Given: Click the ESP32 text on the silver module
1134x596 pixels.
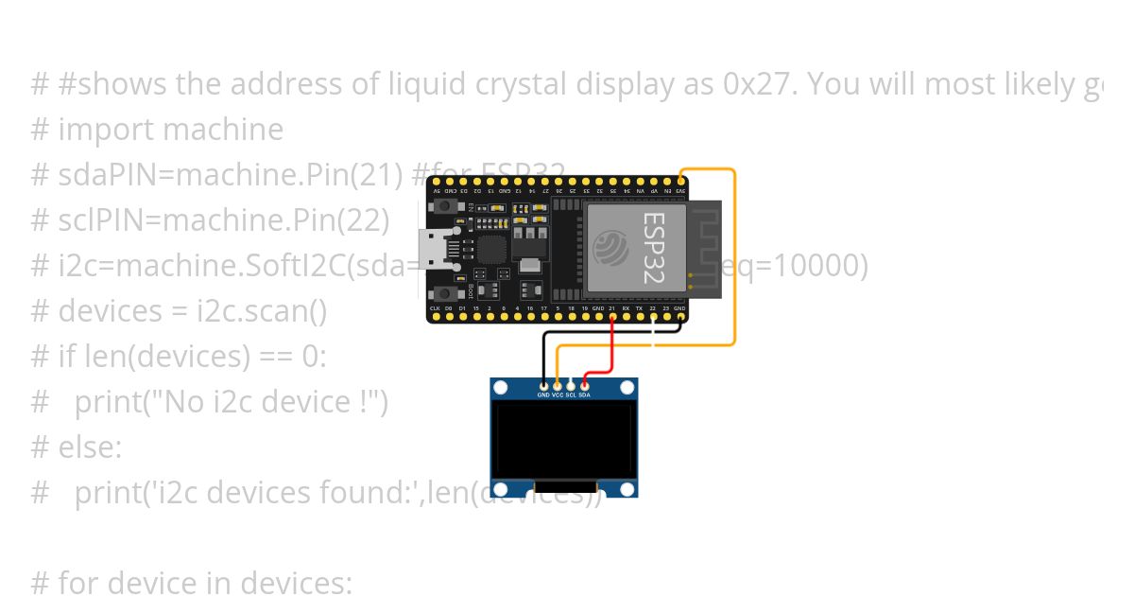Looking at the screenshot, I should click(x=653, y=247).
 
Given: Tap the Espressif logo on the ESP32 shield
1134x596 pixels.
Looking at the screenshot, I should click(x=611, y=250).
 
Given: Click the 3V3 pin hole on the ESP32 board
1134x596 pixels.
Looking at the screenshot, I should click(x=681, y=181).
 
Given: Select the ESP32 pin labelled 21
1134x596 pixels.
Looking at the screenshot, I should click(x=612, y=318).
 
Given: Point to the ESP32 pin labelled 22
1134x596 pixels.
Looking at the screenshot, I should click(x=653, y=318).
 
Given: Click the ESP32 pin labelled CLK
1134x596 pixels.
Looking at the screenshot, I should click(x=435, y=318).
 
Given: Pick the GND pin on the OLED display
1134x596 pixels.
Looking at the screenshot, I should click(x=543, y=385).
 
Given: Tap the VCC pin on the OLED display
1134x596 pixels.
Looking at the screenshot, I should click(x=558, y=385).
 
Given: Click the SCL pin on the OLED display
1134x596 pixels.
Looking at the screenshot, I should click(x=571, y=385).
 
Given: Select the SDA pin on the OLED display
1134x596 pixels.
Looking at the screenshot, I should click(x=585, y=385).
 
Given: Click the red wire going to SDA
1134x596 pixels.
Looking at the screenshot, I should click(x=613, y=350).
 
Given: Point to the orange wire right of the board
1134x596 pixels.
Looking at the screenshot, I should click(x=734, y=255).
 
